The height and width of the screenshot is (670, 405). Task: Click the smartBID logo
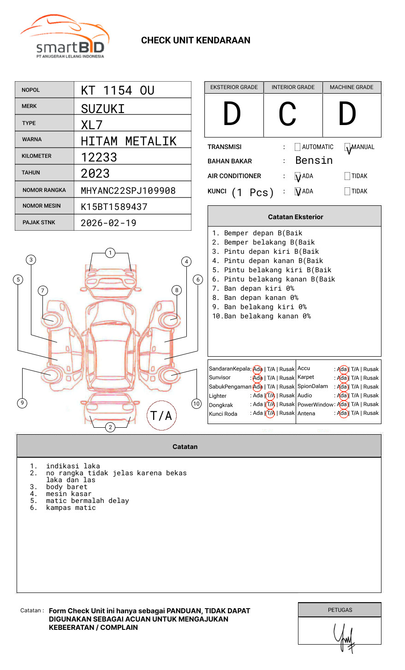click(65, 37)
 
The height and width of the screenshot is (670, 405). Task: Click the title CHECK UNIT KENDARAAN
click(196, 41)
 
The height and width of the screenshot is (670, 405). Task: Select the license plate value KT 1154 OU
click(118, 90)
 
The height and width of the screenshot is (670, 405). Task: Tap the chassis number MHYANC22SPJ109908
click(128, 191)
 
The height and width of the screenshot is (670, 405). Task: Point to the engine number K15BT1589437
click(114, 207)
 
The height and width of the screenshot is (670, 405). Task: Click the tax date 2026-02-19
click(108, 223)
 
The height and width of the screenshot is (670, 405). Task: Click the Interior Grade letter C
click(287, 114)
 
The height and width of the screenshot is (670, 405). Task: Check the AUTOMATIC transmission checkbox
click(298, 147)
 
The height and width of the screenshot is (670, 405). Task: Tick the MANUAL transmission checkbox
click(347, 147)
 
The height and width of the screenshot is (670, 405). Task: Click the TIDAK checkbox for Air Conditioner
click(347, 176)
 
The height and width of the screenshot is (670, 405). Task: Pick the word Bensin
click(314, 161)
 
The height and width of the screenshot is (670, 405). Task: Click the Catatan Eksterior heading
click(295, 217)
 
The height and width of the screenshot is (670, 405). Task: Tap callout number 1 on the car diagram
click(110, 253)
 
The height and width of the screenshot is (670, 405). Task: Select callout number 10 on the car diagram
click(197, 404)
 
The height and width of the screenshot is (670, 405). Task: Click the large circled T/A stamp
click(161, 416)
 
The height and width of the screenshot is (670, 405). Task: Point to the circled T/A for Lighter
click(270, 396)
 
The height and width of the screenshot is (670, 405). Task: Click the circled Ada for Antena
click(342, 413)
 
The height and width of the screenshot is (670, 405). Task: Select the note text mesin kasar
click(69, 494)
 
